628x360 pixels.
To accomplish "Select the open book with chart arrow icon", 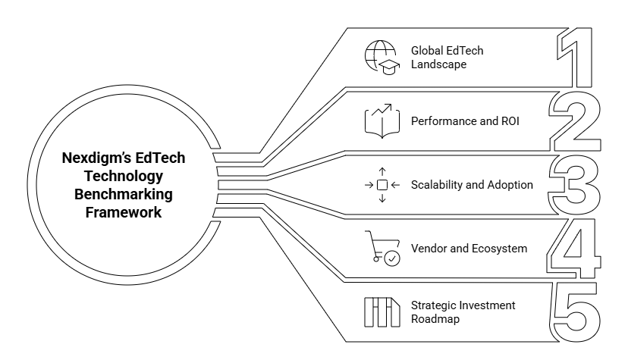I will click(x=382, y=121).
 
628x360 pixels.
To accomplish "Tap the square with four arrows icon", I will click(x=382, y=185).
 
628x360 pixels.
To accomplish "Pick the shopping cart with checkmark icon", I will click(x=382, y=249).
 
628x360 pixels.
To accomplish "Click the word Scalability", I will click(x=438, y=185).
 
